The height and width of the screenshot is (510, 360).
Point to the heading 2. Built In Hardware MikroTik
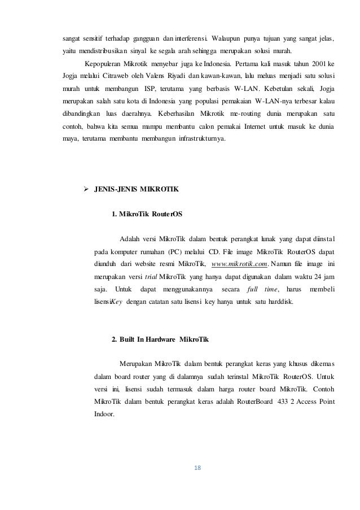[x=160, y=339]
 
